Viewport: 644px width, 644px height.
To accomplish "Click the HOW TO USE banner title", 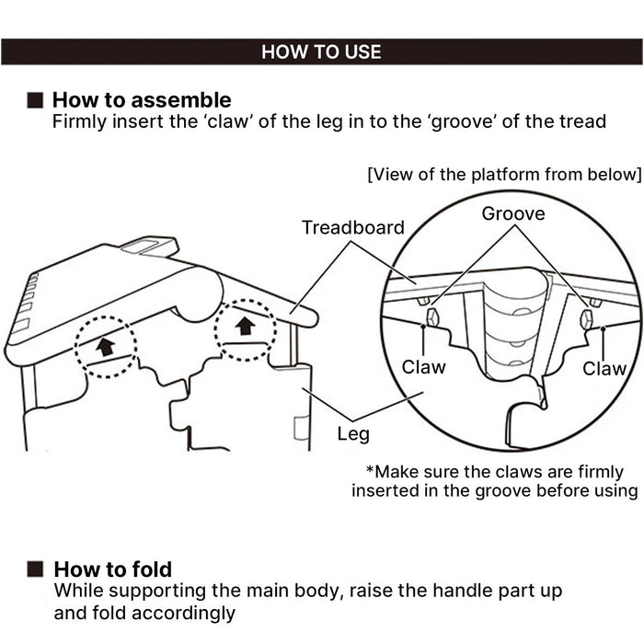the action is (x=321, y=52).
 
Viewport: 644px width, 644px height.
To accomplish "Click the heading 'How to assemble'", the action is (x=142, y=99).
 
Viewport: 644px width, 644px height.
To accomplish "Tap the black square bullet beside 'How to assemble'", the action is (x=35, y=100).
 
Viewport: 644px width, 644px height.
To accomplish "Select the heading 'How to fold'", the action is (x=112, y=569).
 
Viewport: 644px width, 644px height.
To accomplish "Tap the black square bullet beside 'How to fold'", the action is (x=35, y=569).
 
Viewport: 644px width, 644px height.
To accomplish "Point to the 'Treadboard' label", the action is (x=353, y=227).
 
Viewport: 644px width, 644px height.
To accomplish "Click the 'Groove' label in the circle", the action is (x=513, y=213).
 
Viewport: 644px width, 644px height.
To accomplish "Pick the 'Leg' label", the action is (x=353, y=434).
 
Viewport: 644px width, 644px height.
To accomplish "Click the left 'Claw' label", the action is (x=423, y=367).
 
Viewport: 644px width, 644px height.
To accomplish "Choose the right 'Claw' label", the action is (x=604, y=368).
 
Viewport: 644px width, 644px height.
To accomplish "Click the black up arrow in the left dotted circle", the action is (x=106, y=346).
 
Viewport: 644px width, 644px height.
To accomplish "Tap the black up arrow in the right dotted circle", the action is (x=246, y=326).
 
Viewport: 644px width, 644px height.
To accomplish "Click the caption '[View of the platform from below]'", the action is (x=504, y=175).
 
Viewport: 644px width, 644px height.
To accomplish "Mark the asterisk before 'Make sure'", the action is (x=370, y=470).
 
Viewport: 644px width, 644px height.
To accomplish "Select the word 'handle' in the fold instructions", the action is (x=463, y=591).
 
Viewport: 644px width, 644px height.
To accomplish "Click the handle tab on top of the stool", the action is (x=150, y=246).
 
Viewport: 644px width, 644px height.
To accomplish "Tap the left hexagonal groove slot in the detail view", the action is (x=433, y=316).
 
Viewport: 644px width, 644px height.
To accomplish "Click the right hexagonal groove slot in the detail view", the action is (x=587, y=319).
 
